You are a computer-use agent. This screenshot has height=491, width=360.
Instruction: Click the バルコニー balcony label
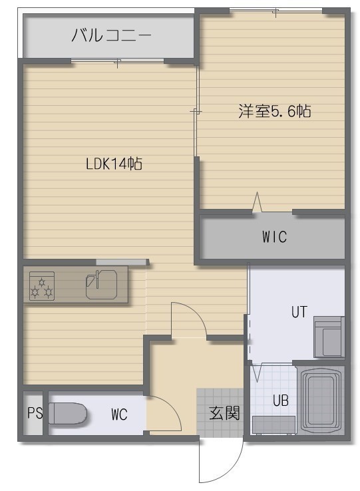coord(111,35)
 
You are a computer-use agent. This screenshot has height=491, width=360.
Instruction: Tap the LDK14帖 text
coord(114,164)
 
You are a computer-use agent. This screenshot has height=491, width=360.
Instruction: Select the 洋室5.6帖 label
coord(274,111)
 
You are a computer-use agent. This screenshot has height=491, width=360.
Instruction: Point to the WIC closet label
coord(274,237)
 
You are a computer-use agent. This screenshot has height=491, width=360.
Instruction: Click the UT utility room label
coord(299,312)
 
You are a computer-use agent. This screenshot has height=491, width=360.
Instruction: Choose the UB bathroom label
coord(280,401)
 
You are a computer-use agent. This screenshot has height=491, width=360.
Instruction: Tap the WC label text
coord(119,414)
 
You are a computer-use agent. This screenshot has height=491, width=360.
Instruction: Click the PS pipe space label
coord(35,412)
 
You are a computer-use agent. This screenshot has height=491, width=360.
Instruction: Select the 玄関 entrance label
coord(224,412)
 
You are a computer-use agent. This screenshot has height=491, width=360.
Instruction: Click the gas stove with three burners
coord(42,286)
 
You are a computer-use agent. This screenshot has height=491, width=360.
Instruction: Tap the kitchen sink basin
coord(101,284)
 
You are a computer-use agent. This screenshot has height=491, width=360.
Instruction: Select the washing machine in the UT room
coord(328,337)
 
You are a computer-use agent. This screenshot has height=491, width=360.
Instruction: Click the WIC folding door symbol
coord(258,202)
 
